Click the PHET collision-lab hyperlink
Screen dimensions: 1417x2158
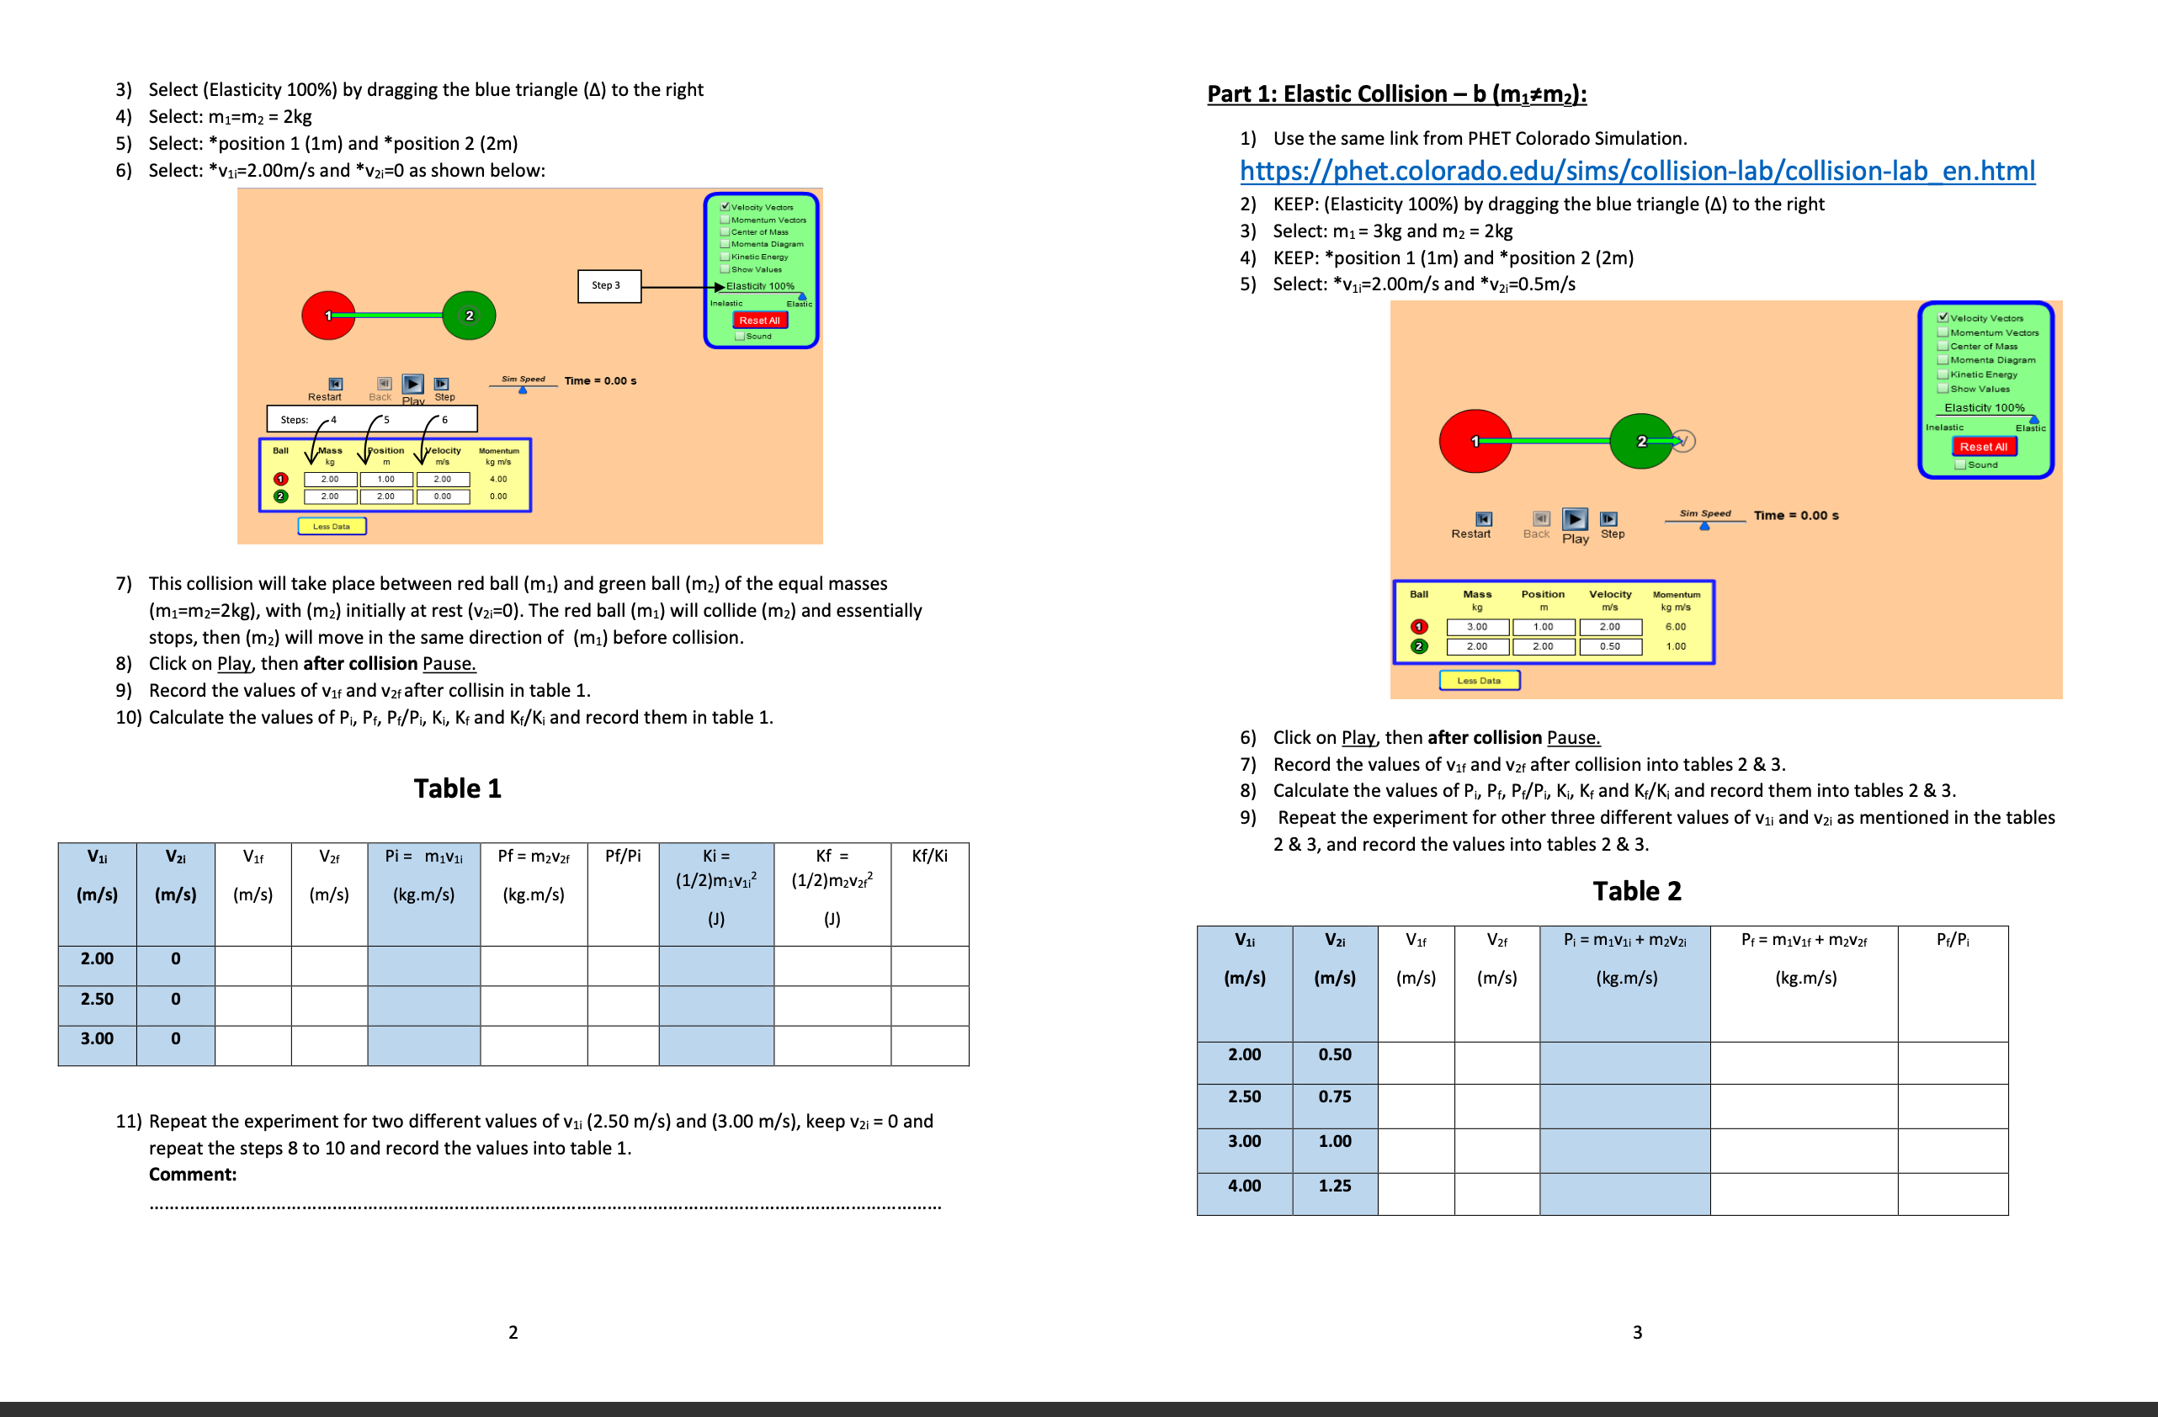pyautogui.click(x=1637, y=171)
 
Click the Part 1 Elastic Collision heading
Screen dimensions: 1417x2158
pyautogui.click(x=1396, y=94)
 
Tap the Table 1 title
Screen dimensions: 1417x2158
pyautogui.click(x=457, y=788)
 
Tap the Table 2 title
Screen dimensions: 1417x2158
pyautogui.click(x=1637, y=890)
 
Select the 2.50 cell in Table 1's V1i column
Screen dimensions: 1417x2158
pyautogui.click(x=97, y=998)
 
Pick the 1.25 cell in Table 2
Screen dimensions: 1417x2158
pyautogui.click(x=1335, y=1185)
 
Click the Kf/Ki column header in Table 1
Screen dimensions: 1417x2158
pyautogui.click(x=929, y=856)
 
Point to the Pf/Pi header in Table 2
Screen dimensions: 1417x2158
pyautogui.click(x=1952, y=939)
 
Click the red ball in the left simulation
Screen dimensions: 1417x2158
pyautogui.click(x=327, y=316)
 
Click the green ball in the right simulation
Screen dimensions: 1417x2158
pyautogui.click(x=1640, y=442)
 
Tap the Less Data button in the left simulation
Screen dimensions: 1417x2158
pyautogui.click(x=332, y=526)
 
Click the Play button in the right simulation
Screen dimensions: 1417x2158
pyautogui.click(x=1575, y=519)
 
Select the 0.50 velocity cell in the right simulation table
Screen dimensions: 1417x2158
pyautogui.click(x=1609, y=646)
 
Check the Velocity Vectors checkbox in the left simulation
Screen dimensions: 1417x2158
pyautogui.click(x=726, y=207)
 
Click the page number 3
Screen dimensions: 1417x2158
pyautogui.click(x=1637, y=1332)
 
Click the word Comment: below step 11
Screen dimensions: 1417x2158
pyautogui.click(x=192, y=1174)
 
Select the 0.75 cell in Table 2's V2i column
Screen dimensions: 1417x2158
pyautogui.click(x=1335, y=1096)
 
